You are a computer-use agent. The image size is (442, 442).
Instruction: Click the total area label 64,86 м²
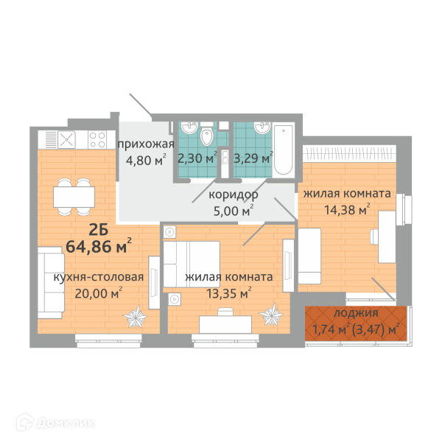[99, 245]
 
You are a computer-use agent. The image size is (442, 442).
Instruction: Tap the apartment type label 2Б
[99, 230]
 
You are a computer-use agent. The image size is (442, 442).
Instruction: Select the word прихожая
[145, 144]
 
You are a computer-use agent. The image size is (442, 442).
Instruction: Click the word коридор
[233, 194]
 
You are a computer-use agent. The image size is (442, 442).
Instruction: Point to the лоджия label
[356, 313]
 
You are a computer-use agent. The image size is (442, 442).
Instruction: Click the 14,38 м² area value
[347, 209]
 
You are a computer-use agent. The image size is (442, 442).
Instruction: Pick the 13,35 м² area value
[229, 293]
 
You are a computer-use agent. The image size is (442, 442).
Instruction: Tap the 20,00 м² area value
[99, 293]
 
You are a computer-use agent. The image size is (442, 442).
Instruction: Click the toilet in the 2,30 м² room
[207, 135]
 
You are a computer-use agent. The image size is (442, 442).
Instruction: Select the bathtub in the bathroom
[284, 150]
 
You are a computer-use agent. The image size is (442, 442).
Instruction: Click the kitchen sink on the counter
[66, 139]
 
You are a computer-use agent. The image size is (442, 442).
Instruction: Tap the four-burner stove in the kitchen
[97, 139]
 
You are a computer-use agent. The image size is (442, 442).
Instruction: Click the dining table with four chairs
[74, 197]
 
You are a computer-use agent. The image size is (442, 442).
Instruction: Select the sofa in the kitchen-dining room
[51, 283]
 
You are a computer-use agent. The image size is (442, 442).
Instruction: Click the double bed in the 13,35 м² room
[192, 264]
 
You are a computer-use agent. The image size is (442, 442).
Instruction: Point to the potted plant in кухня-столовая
[135, 316]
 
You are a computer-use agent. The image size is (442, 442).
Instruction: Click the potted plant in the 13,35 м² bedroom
[271, 314]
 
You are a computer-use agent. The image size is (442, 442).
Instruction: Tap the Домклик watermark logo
[55, 423]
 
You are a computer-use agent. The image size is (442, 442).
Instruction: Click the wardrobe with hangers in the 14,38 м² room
[349, 154]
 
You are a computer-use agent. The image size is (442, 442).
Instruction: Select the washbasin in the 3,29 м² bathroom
[263, 127]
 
